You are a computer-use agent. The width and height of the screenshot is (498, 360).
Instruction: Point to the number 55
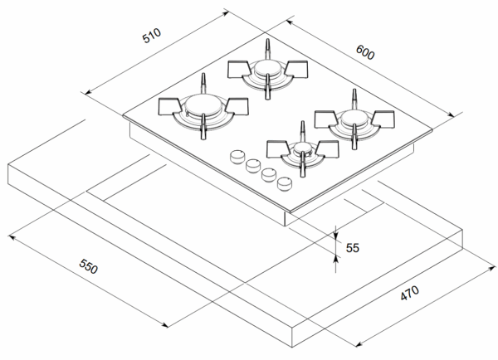coord(352,247)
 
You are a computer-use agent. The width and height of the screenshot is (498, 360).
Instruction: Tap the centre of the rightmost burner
coord(352,119)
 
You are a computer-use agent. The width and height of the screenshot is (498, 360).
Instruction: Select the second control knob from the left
coord(251,164)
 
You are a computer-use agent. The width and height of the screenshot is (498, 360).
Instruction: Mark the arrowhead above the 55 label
coord(336,236)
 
